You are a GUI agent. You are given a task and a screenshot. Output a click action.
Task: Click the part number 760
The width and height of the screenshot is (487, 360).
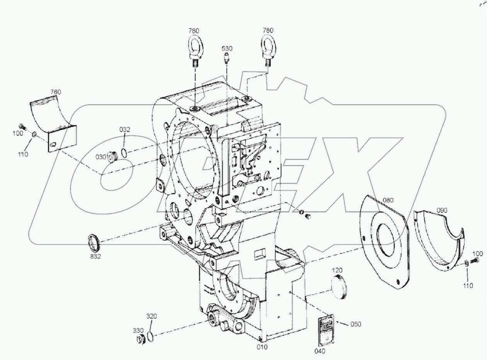pyautogui.click(x=55, y=92)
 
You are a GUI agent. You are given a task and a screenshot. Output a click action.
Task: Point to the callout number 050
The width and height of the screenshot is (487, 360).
pyautogui.click(x=356, y=324)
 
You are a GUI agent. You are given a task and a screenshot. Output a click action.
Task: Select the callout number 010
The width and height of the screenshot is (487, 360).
pyautogui.click(x=262, y=347)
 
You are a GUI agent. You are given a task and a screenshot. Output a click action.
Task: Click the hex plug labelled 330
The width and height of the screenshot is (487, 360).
pyautogui.click(x=141, y=340)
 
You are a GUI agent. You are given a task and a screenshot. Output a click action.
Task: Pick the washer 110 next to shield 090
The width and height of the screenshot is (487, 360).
pyautogui.click(x=467, y=263)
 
